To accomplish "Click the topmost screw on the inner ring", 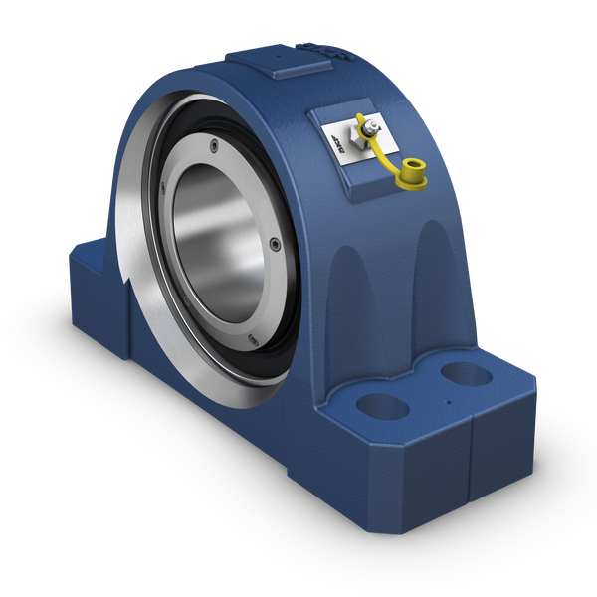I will (x=214, y=147).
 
